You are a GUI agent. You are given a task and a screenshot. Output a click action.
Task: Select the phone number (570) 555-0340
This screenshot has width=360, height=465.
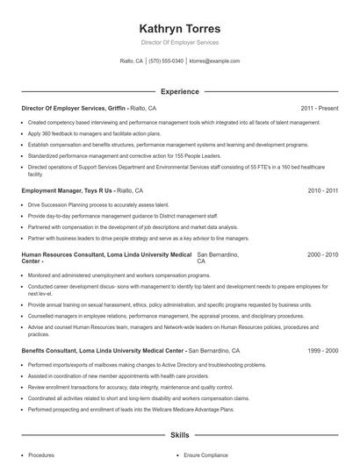click(166, 61)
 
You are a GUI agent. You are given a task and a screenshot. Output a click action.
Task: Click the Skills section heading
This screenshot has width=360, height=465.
click(179, 434)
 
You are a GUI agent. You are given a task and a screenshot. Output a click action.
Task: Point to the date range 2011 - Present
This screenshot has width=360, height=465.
click(319, 108)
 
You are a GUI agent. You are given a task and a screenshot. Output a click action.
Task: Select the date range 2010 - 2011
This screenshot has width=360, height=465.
click(322, 190)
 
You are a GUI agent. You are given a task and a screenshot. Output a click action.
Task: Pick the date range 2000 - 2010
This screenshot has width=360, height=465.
click(322, 254)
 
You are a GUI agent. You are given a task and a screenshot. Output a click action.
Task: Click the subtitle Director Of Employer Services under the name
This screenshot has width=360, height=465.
click(179, 42)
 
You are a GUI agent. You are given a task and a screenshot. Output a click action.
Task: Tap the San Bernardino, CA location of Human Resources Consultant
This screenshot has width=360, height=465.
click(220, 257)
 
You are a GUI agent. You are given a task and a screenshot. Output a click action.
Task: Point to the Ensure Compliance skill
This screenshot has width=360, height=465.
click(207, 455)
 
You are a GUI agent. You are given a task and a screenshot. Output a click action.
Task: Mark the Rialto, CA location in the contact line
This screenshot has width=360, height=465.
click(132, 61)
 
